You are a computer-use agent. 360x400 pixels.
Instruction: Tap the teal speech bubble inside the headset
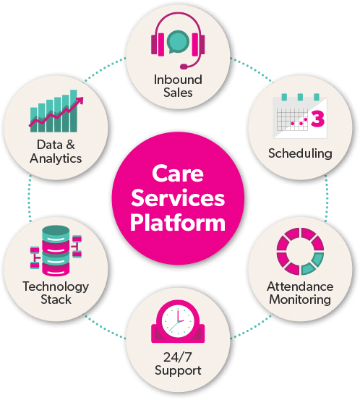click(178, 42)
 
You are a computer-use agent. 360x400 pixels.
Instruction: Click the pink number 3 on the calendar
click(317, 119)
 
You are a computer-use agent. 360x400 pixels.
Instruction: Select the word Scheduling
click(300, 153)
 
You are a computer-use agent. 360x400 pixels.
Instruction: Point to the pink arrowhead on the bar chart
click(80, 101)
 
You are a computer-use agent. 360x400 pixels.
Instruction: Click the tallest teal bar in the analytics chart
click(74, 111)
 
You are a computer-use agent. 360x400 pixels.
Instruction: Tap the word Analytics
click(56, 158)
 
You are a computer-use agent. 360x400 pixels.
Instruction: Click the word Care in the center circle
click(178, 174)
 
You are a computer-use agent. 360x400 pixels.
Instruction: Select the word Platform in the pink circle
click(178, 223)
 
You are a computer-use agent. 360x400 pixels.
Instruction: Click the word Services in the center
click(178, 198)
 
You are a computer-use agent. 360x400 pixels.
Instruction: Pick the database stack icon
click(56, 251)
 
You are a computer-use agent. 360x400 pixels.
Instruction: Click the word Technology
click(56, 286)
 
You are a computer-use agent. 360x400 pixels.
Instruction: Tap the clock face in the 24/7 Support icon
click(178, 321)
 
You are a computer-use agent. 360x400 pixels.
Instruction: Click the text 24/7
click(177, 357)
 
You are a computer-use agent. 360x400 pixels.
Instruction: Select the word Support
click(178, 370)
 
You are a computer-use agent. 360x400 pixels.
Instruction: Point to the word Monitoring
click(300, 299)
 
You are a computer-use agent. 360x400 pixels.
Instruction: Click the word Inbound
click(178, 80)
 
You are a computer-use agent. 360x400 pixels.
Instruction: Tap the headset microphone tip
click(184, 67)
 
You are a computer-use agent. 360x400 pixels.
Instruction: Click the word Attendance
click(300, 286)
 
